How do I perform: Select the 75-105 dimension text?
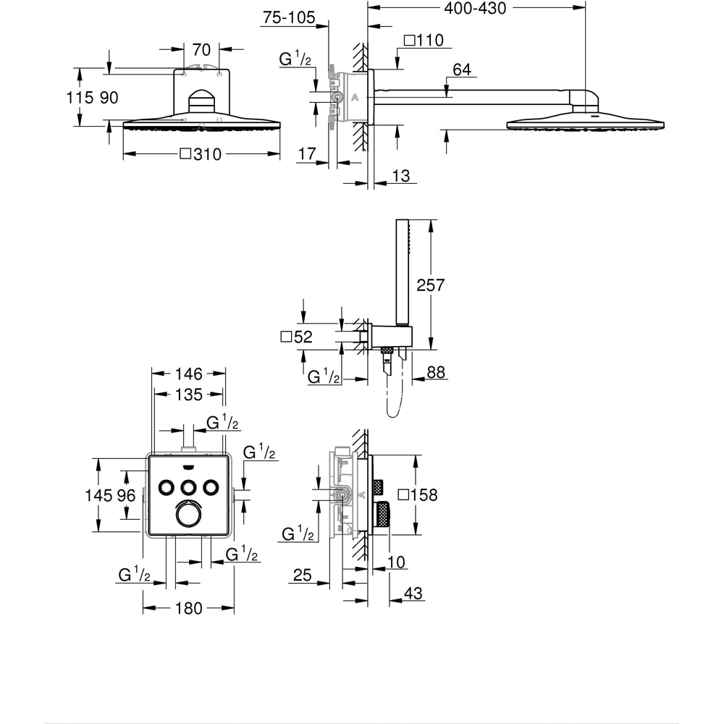(x=288, y=18)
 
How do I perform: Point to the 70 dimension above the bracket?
(x=201, y=50)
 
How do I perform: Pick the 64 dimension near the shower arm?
(x=462, y=70)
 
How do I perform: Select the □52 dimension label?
(x=295, y=337)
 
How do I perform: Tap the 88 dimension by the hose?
(x=437, y=372)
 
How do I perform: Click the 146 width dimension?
(x=188, y=374)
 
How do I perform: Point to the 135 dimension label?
(x=188, y=395)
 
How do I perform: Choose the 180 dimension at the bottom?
(x=189, y=609)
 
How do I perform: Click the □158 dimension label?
(x=419, y=495)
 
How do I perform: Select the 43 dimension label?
(x=413, y=593)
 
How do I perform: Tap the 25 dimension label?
(x=302, y=576)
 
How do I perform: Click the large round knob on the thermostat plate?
(x=188, y=513)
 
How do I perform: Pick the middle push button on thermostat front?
(x=189, y=486)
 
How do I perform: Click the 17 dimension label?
(x=307, y=154)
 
